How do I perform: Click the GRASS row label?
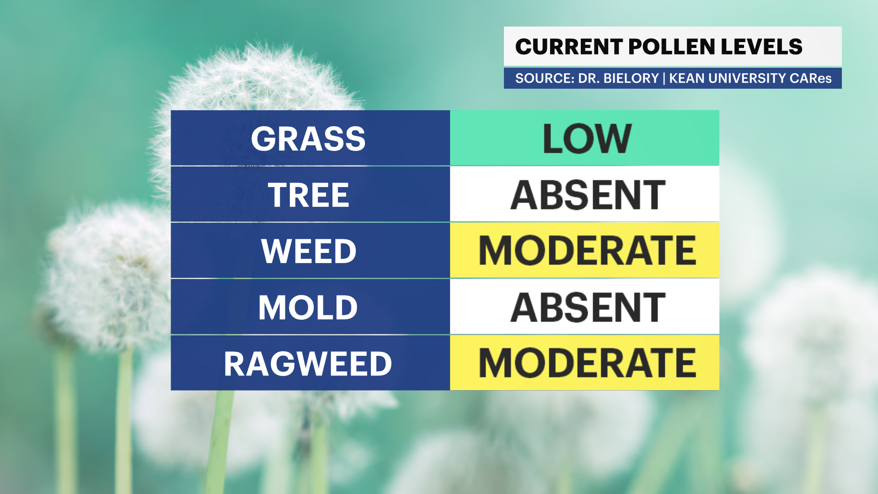(x=308, y=139)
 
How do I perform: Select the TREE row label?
(x=309, y=195)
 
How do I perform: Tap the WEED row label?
(x=309, y=251)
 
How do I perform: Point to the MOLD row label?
(x=308, y=307)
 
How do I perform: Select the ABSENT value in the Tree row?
(x=588, y=195)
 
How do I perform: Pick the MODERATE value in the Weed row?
(x=588, y=251)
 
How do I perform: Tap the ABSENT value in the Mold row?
(x=588, y=307)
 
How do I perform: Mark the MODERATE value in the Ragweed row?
(x=588, y=363)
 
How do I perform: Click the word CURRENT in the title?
(x=569, y=47)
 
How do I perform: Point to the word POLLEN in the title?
(x=672, y=47)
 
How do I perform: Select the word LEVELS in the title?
(x=762, y=47)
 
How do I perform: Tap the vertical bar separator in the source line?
(x=664, y=79)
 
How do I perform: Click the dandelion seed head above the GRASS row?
(x=256, y=78)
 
